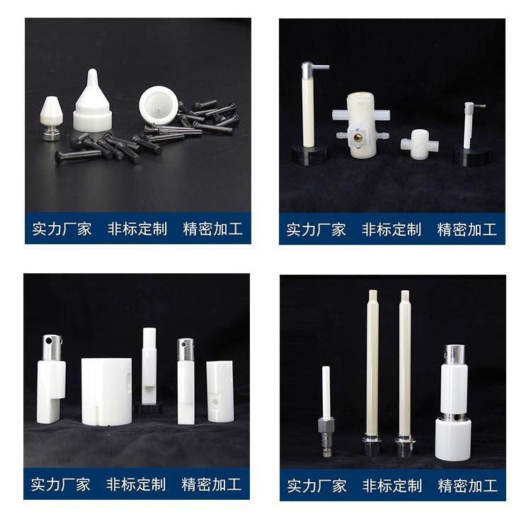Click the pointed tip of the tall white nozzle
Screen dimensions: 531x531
pos(93,70)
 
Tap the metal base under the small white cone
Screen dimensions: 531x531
pos(52,133)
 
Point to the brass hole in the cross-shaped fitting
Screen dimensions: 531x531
pos(358,137)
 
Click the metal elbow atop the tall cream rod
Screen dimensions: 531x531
pos(314,69)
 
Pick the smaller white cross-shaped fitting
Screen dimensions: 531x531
pos(420,144)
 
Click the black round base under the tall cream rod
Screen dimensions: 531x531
pos(309,154)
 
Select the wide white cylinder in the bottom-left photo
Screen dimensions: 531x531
pos(107,392)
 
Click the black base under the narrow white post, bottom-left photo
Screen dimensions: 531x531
pos(149,409)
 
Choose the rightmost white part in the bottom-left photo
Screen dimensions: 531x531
pos(220,391)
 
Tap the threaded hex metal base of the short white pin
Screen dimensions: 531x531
pos(326,437)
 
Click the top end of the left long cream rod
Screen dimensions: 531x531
pos(372,290)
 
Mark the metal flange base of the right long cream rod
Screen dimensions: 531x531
pos(404,445)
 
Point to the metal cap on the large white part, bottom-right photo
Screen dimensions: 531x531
pos(455,355)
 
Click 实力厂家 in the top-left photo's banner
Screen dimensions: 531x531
pos(62,229)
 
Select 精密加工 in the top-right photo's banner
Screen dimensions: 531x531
pos(467,229)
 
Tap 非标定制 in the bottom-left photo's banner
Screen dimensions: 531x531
pos(136,484)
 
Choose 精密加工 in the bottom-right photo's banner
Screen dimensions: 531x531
pos(468,486)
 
